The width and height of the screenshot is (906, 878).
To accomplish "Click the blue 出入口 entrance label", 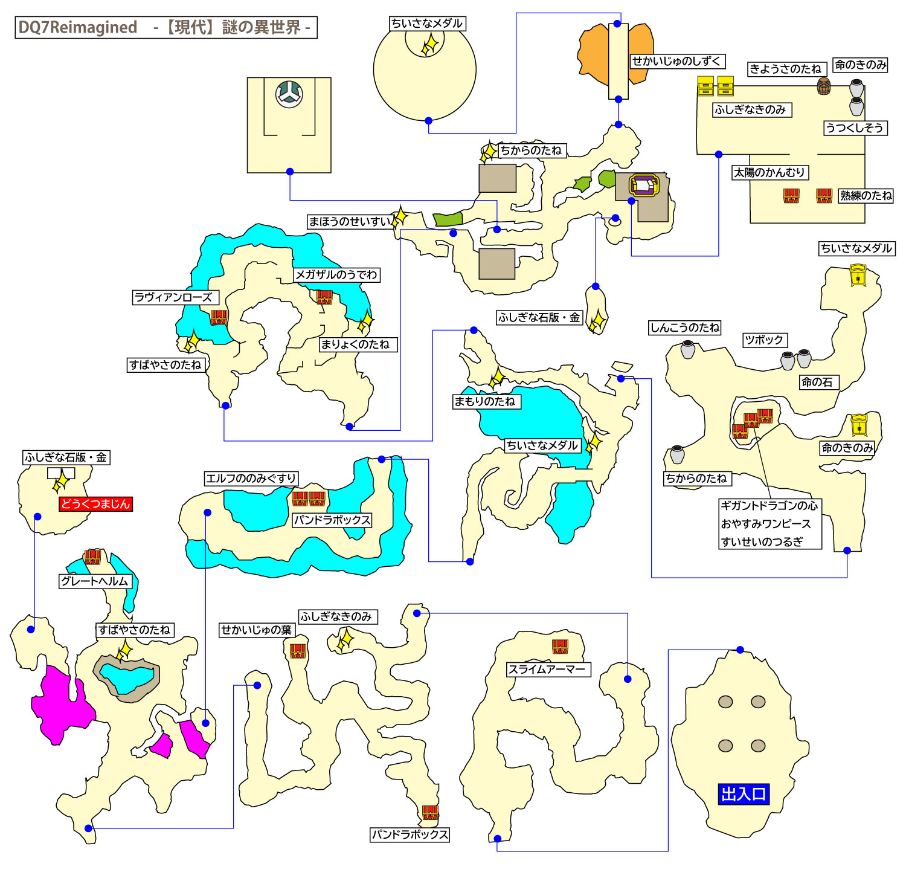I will point(744,793).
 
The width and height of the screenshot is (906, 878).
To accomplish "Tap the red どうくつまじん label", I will point(95,504).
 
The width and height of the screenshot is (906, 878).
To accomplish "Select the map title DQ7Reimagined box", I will point(165,28).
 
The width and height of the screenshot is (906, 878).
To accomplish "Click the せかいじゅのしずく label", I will point(676,62).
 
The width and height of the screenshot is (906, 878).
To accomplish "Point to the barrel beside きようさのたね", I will point(823,86).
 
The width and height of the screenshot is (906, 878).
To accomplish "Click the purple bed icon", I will point(644,185).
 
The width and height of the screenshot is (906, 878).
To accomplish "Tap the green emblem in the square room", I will point(289,94).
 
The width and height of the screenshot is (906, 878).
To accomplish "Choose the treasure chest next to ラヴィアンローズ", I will point(219,317).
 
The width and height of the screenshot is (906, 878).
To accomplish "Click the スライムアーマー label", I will point(547,670).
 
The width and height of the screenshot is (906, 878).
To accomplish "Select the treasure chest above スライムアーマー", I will point(560,647).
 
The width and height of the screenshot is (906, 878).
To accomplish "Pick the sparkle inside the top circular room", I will point(429,45).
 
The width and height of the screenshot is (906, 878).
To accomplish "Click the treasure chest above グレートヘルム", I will point(92,557).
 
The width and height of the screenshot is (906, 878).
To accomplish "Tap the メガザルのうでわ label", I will point(336,275).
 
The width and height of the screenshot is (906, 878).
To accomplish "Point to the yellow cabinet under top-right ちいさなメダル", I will point(858,276).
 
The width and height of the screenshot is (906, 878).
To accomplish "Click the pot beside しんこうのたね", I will point(688,349).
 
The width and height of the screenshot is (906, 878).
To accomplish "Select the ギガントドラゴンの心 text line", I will point(769,506).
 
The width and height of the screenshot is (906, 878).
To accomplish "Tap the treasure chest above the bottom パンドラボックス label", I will point(430,813).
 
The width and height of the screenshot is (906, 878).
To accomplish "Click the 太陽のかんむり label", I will point(769,173).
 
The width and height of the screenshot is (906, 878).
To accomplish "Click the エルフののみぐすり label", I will point(251,479).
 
